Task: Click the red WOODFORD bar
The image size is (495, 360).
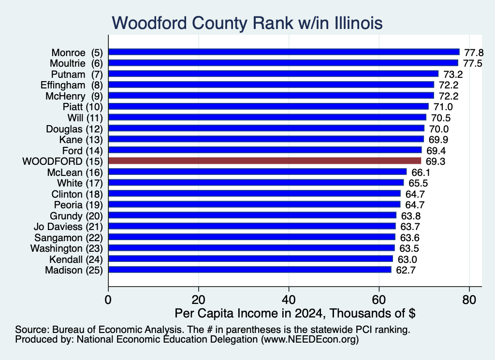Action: pos(264,161)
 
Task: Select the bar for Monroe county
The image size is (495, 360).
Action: pos(284,52)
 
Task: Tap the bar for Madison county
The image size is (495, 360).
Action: pos(250,270)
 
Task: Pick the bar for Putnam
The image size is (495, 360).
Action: pos(274,74)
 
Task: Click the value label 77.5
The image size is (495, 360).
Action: pos(473,63)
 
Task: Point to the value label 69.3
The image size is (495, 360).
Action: pos(436,161)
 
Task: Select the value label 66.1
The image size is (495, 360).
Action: pos(421,173)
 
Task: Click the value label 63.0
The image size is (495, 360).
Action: pos(407,259)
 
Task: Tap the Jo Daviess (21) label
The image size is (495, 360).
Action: pos(68,227)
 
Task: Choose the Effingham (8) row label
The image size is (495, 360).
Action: pos(72,85)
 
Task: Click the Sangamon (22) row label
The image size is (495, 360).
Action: pos(69,238)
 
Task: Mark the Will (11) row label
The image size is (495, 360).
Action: pos(85,118)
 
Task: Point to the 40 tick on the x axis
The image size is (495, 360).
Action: pos(289,300)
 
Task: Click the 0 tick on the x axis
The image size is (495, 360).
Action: pos(108,300)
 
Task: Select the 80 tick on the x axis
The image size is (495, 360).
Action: pos(469,300)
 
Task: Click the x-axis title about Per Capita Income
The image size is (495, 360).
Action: pos(295,313)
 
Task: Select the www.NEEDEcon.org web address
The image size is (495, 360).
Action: pos(310,339)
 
